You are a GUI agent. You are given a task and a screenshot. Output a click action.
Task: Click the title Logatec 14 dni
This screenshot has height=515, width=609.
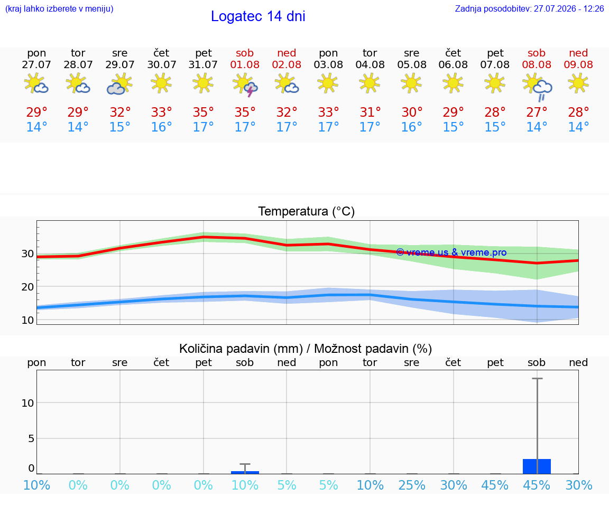click(258, 16)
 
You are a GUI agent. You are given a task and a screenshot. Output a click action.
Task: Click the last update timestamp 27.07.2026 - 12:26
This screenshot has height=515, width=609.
click(569, 8)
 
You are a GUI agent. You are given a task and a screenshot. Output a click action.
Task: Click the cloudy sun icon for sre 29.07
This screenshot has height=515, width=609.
click(119, 84)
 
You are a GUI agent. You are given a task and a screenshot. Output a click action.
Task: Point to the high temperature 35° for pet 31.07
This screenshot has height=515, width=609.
click(203, 112)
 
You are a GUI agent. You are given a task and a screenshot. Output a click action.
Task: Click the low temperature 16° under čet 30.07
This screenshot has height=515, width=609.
click(162, 127)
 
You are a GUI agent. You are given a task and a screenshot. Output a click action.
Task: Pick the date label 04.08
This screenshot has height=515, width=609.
click(370, 64)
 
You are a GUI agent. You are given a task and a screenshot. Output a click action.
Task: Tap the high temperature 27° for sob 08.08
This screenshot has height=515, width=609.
click(537, 112)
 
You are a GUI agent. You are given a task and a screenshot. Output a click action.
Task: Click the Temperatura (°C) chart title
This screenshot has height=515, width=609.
click(307, 211)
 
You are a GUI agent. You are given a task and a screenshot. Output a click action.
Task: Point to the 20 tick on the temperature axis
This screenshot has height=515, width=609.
click(27, 287)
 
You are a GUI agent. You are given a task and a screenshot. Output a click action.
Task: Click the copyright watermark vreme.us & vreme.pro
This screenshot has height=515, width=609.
click(451, 252)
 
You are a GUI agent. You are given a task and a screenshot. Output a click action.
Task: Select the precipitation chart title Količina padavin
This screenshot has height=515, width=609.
click(241, 349)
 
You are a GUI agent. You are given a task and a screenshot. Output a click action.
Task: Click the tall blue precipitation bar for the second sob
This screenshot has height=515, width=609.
click(537, 466)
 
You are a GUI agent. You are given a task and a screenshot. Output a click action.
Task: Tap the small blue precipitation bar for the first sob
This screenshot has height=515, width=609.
click(245, 472)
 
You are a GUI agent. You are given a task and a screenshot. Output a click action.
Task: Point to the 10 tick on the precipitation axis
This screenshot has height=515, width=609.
click(27, 403)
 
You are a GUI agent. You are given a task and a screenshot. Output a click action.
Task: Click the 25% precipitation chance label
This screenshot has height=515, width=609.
click(412, 485)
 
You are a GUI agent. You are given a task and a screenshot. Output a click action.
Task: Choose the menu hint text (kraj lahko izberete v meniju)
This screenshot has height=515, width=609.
click(59, 8)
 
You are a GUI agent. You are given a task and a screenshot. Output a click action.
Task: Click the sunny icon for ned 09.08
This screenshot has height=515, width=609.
click(578, 83)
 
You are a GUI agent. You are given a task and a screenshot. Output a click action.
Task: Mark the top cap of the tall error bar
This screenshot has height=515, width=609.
click(537, 378)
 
